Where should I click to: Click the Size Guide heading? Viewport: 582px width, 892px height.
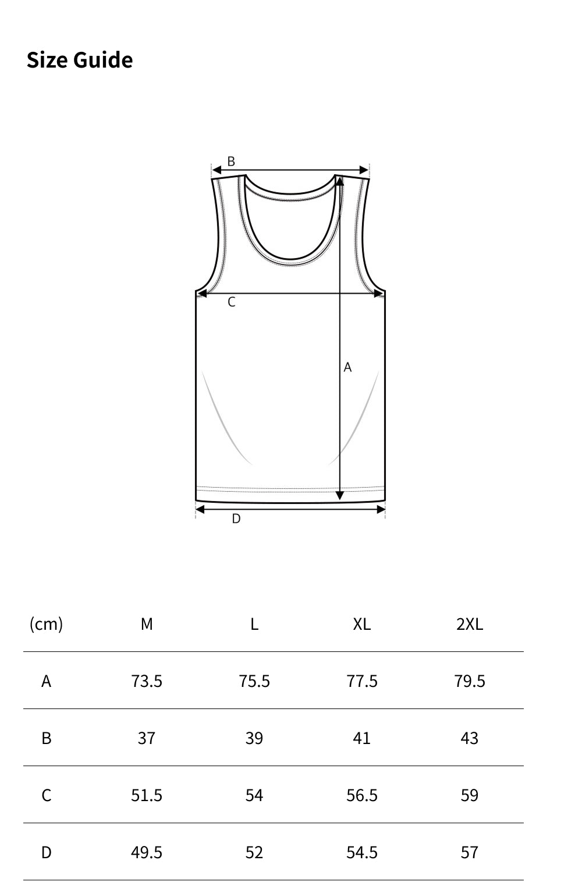point(80,61)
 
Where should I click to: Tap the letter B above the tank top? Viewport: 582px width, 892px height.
point(231,161)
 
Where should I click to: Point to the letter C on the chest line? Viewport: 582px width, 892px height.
point(232,302)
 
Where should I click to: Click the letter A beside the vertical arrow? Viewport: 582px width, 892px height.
point(347,367)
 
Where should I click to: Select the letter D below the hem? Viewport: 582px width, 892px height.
point(236,519)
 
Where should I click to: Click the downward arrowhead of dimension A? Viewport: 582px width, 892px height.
point(339,495)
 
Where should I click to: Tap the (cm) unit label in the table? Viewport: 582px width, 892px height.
point(46,625)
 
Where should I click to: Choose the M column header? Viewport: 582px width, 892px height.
point(147,624)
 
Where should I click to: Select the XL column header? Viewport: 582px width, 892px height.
point(361,624)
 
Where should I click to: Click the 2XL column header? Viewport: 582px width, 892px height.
point(470,624)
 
